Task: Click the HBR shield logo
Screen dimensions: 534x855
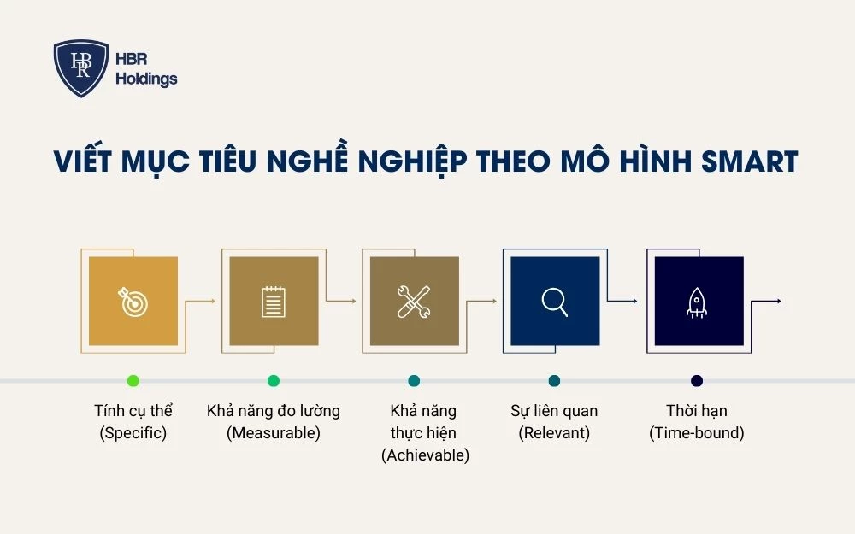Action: (x=81, y=68)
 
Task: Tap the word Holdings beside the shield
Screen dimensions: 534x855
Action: (x=146, y=79)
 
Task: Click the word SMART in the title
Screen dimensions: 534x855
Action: (x=745, y=161)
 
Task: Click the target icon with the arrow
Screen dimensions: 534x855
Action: (x=133, y=302)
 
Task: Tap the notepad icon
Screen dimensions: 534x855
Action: (x=274, y=302)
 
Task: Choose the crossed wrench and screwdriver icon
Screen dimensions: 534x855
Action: (x=414, y=302)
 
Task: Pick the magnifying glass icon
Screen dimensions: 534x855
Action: (x=554, y=302)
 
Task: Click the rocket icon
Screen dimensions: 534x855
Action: (x=697, y=302)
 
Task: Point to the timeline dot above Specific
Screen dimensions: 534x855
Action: (x=133, y=380)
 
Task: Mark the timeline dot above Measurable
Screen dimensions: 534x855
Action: (x=274, y=380)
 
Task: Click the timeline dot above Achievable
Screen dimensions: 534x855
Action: (x=414, y=380)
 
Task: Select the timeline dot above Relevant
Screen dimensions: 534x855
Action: (x=554, y=380)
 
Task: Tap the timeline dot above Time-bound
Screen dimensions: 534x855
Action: (x=697, y=380)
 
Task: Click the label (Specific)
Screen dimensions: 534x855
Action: (x=133, y=433)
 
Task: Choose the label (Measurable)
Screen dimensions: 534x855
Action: (x=274, y=433)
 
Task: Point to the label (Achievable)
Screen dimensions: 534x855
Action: (x=425, y=455)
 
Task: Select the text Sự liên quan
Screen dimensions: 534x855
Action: (x=554, y=411)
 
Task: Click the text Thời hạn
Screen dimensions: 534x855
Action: (x=697, y=411)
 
